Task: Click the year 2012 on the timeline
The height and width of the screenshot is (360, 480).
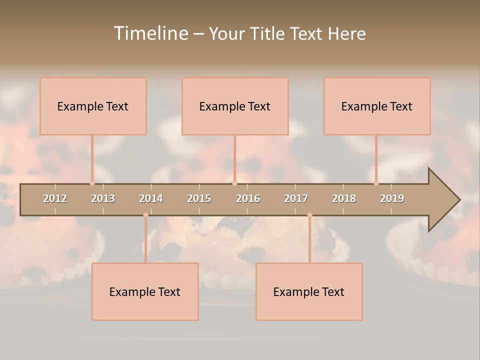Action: pos(55,198)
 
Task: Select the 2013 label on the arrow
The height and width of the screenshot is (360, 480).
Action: pos(103,198)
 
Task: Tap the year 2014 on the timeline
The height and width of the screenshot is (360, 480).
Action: pos(151,198)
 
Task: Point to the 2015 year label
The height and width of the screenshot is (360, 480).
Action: pos(199,198)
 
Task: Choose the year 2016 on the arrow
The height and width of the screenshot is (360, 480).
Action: pos(248,198)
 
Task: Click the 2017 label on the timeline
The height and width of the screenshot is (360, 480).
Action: pos(296,198)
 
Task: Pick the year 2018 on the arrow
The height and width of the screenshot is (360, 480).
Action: pos(344,198)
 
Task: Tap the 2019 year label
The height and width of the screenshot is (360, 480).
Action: pos(392,198)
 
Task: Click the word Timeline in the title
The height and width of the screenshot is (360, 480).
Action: pos(149,33)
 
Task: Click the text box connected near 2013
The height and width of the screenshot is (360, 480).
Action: pos(93,106)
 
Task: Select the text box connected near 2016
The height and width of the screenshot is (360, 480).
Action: pos(235,106)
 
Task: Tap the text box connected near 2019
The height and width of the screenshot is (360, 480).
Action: pos(377,106)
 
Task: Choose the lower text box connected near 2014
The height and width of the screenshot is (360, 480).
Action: pos(145,291)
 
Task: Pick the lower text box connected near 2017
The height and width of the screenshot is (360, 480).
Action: pos(309,291)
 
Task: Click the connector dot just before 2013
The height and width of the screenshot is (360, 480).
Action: pos(92,183)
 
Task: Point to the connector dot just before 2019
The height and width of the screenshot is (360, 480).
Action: pos(376,183)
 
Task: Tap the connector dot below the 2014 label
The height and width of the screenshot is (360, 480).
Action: pos(145,215)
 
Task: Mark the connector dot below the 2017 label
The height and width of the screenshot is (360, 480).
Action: pos(309,215)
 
